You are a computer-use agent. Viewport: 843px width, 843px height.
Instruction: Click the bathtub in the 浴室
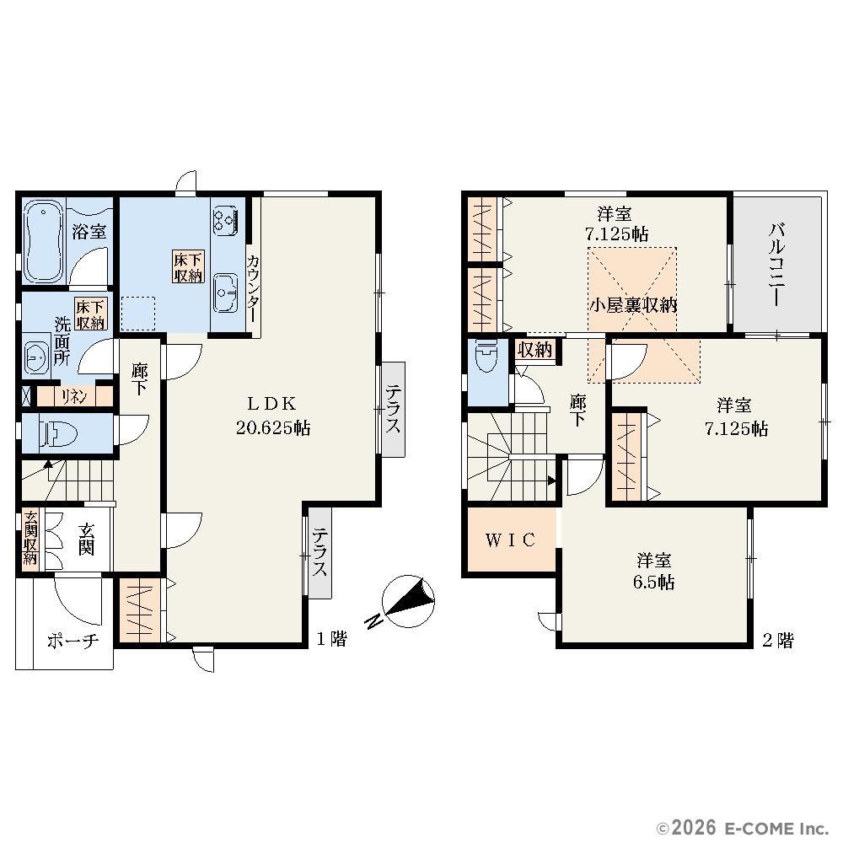[44, 240]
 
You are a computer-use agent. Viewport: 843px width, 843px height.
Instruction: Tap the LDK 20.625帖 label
[272, 416]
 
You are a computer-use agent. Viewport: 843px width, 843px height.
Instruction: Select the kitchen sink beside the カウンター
[226, 293]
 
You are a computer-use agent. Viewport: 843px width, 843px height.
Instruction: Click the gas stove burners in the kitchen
[226, 219]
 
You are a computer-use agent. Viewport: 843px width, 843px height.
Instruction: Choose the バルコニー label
[776, 265]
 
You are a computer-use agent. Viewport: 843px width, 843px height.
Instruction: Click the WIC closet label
[510, 540]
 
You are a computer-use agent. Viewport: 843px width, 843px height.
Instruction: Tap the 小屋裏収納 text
[633, 305]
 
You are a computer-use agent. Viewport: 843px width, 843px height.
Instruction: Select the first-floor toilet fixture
[59, 433]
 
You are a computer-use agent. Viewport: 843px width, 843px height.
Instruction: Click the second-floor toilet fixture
[487, 355]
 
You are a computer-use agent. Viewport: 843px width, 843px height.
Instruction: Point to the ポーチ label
[73, 641]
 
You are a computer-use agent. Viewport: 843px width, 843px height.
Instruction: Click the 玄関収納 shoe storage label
[30, 538]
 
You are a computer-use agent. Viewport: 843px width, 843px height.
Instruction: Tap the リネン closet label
[73, 397]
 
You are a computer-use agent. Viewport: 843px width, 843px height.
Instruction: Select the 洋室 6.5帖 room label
[654, 571]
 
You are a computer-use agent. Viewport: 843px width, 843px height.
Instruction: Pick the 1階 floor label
[331, 639]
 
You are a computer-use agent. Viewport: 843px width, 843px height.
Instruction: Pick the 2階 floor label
[777, 640]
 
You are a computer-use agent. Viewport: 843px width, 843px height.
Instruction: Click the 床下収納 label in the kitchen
[188, 266]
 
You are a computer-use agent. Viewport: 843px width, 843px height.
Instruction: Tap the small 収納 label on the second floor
[535, 350]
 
